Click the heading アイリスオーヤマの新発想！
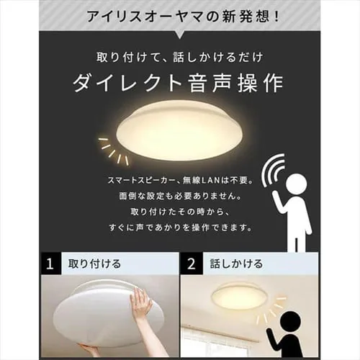[x=183, y=17]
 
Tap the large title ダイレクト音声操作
[x=178, y=83]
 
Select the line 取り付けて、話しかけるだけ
[x=179, y=58]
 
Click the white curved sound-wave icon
[x=273, y=171]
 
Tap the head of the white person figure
[x=297, y=184]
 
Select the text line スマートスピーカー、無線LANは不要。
[x=180, y=180]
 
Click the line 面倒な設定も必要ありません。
[x=180, y=196]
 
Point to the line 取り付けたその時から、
[x=180, y=212]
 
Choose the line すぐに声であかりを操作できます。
[x=180, y=228]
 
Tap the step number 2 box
[x=192, y=264]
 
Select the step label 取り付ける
[x=94, y=264]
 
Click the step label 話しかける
[x=236, y=264]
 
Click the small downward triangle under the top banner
[x=179, y=35]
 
